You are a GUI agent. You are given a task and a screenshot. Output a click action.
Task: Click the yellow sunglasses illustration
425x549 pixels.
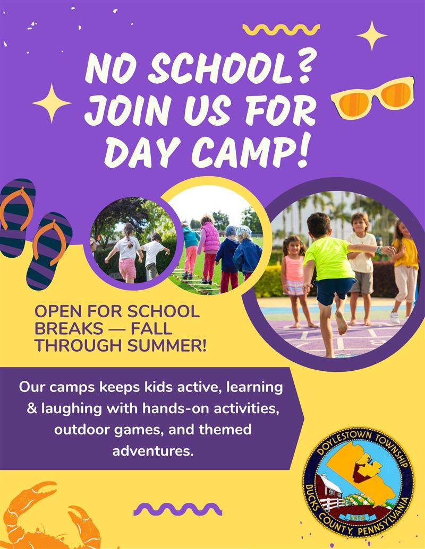point(373,98)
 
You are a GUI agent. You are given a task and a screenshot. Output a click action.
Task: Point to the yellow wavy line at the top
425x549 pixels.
point(281,30)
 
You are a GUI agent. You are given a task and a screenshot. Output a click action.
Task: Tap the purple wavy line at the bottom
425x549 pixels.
point(178,509)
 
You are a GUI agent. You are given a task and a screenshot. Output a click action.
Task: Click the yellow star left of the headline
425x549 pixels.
point(52,103)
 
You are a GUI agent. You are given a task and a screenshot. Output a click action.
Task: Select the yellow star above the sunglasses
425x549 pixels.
point(372,35)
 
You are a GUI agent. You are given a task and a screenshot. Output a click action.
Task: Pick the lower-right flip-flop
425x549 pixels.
point(49,251)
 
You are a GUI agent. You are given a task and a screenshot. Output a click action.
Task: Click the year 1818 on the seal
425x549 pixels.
point(357,517)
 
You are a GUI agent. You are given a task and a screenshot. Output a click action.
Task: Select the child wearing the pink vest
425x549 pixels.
point(209,248)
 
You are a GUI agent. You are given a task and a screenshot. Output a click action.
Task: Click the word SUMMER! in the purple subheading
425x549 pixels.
point(167,345)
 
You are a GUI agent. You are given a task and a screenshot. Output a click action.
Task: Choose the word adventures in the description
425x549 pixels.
point(153,451)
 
